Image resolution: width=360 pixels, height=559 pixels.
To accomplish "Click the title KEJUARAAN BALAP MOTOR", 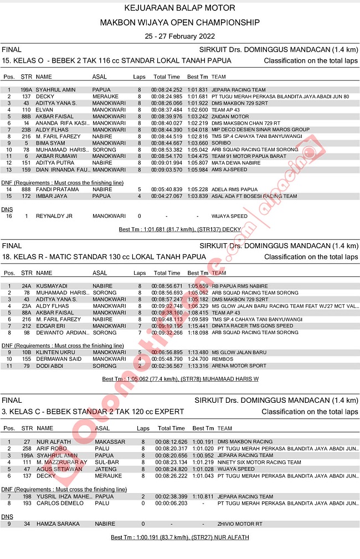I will [x=179, y=8].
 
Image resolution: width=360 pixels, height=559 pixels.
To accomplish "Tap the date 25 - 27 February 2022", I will [x=179, y=36].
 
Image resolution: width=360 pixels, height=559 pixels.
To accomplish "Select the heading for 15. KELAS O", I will [x=117, y=60].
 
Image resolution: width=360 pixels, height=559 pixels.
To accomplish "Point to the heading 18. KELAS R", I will [x=104, y=257].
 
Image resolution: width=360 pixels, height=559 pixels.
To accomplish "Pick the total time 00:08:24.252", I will [x=167, y=90].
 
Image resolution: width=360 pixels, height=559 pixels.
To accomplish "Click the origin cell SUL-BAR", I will [x=106, y=462].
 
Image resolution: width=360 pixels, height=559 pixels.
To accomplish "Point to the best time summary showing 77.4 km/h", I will [x=181, y=379].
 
